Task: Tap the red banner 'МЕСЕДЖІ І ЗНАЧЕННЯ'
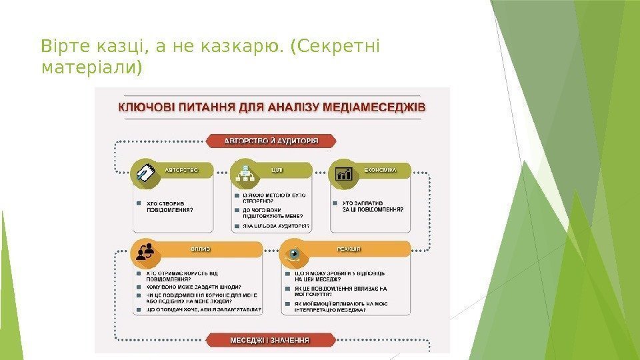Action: point(269,339)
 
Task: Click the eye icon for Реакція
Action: point(293,254)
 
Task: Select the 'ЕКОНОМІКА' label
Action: point(380,170)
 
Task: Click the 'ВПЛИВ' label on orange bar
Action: point(201,249)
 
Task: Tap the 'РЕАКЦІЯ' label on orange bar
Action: point(348,249)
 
